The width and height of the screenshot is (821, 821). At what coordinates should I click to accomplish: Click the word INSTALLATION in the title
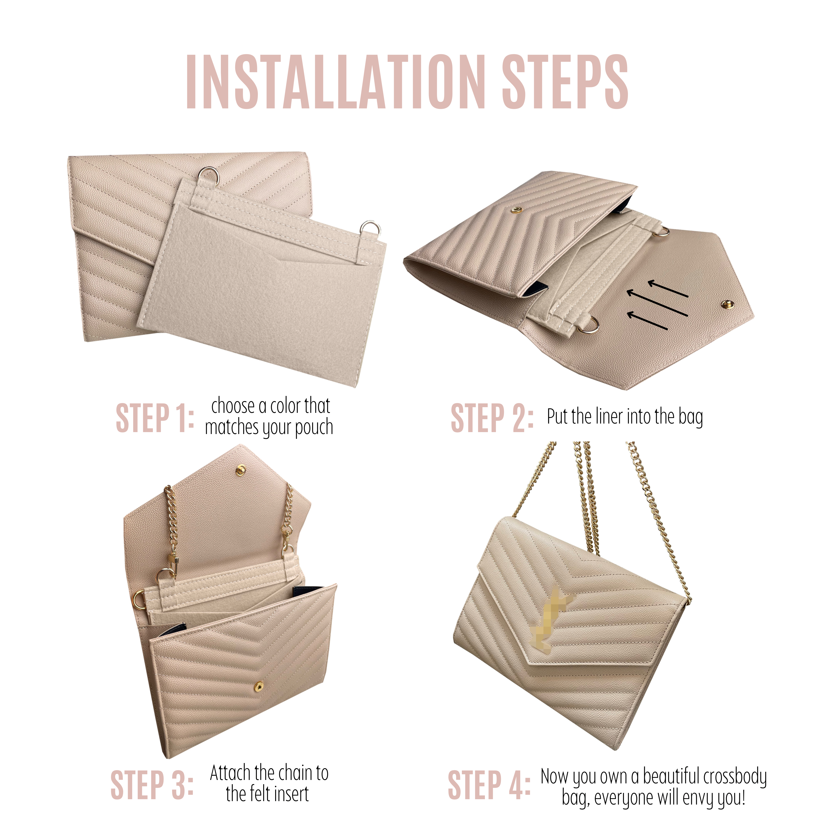point(336,82)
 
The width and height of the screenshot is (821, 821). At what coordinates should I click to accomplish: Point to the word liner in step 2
point(610,416)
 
